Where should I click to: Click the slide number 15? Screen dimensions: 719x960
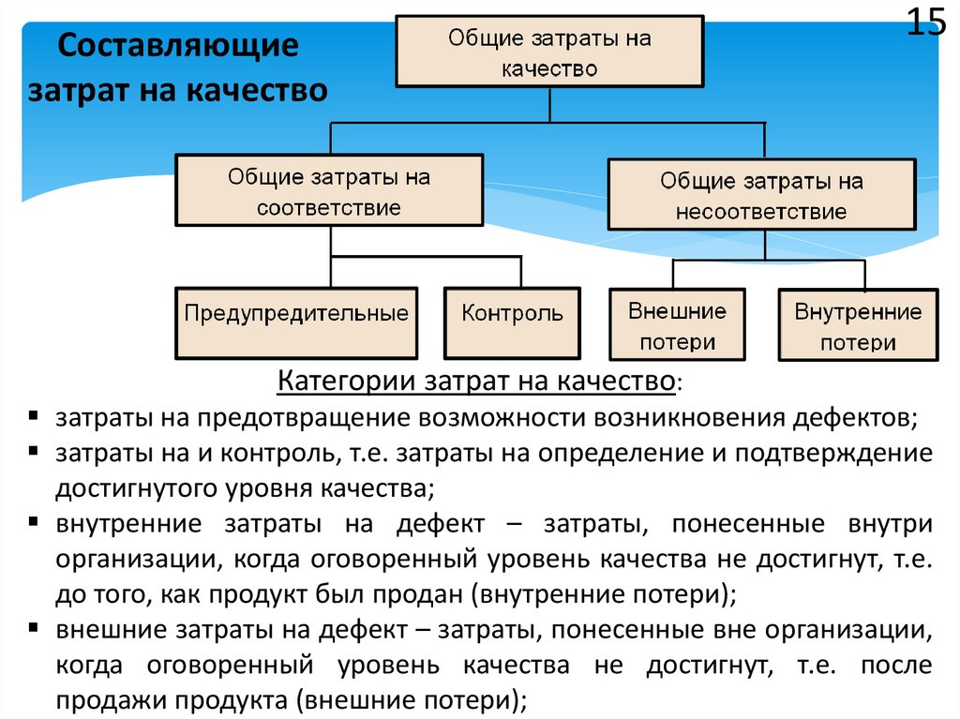(925, 22)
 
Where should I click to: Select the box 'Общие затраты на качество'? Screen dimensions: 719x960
(550, 52)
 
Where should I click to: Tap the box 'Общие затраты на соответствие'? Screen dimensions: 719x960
(328, 191)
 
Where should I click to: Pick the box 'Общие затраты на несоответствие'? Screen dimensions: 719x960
(761, 195)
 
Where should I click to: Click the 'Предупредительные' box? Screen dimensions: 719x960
(296, 314)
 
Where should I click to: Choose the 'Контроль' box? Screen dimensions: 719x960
(512, 314)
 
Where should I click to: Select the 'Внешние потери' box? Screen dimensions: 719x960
(678, 325)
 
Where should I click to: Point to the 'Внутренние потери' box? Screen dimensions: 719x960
(858, 325)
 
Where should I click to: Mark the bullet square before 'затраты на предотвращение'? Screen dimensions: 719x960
(34, 414)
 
